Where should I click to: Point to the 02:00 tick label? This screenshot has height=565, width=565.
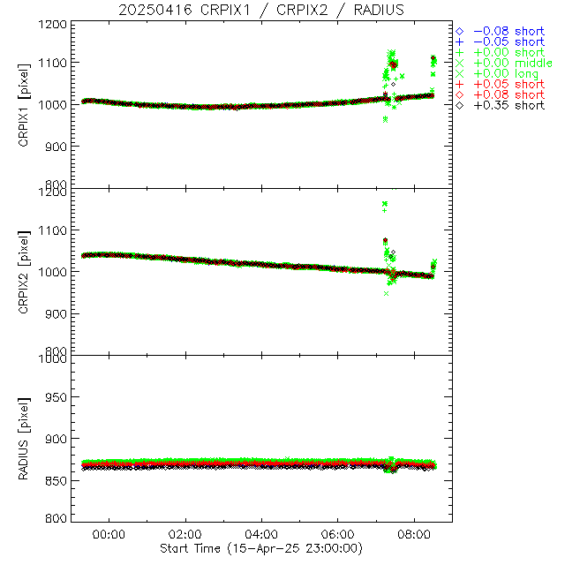click(x=185, y=535)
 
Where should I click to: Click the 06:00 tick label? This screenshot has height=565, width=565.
click(x=339, y=535)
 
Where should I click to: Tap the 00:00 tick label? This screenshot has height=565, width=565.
click(x=109, y=535)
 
